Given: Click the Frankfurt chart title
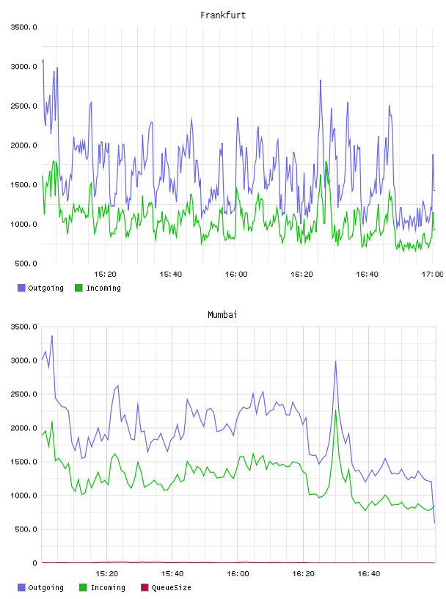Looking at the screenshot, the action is (223, 15).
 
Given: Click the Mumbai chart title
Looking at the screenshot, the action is (222, 315).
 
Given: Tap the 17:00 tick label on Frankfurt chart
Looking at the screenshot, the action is (432, 274).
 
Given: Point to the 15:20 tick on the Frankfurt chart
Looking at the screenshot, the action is (105, 274).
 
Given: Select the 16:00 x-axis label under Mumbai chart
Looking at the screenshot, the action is (238, 573).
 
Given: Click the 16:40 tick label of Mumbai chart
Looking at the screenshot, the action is (368, 573).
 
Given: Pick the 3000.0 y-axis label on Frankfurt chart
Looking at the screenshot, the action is (24, 67).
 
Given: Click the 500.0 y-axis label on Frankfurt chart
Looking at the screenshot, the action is (26, 264).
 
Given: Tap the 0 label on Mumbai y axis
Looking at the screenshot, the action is (34, 563).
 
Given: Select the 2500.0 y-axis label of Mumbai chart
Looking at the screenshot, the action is (24, 394).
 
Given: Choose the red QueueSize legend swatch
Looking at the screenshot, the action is (145, 587).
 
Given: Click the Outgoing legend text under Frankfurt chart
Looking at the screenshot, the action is (45, 288).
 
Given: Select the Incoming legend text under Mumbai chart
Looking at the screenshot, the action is (108, 587).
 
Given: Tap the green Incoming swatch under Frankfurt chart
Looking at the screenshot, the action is (78, 288).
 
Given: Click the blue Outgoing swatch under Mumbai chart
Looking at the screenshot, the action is (21, 587).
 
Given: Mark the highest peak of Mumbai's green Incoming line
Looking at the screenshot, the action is (336, 410).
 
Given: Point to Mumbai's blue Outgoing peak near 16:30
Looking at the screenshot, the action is (336, 361).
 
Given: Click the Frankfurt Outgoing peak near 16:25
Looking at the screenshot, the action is (321, 80).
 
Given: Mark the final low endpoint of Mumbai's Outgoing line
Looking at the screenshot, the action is (434, 523).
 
